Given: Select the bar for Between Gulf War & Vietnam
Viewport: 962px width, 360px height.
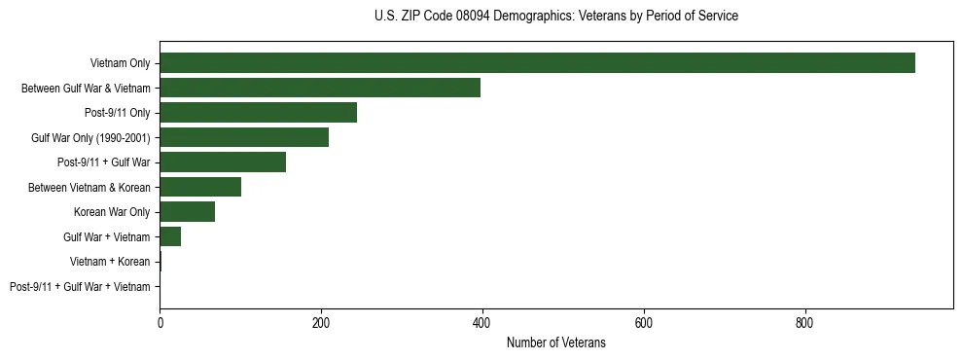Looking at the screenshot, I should click(x=320, y=88).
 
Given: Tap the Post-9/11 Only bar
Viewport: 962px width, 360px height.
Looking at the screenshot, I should click(x=258, y=112).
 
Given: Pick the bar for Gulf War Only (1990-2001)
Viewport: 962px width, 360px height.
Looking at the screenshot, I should click(x=244, y=137).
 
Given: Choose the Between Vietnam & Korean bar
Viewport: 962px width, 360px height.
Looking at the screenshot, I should click(x=200, y=187).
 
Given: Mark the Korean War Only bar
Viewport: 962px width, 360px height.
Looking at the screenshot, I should click(x=187, y=211).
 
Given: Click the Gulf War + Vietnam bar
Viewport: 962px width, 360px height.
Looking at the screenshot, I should click(x=170, y=236).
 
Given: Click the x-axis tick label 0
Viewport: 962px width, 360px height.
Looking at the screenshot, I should click(x=160, y=324).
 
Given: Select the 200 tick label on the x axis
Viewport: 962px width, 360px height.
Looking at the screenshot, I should click(x=321, y=324).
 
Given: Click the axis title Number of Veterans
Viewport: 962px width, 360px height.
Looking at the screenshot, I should click(x=555, y=343).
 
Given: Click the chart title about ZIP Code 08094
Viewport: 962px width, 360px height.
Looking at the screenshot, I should click(x=555, y=17).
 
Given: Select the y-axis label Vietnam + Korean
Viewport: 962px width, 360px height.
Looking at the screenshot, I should click(x=110, y=262).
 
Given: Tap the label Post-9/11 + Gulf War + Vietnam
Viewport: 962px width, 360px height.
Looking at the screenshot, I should click(x=80, y=286).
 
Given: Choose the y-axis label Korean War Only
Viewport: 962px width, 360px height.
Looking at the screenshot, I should click(x=112, y=212).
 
